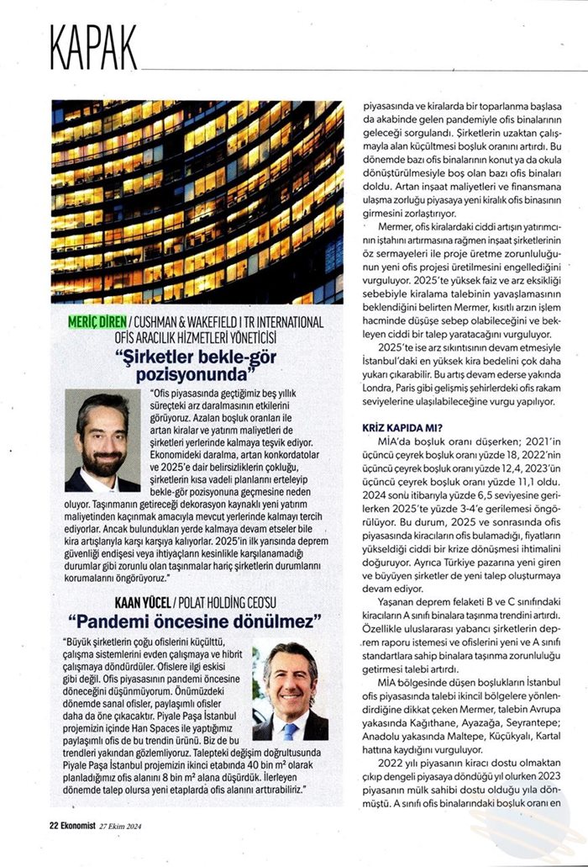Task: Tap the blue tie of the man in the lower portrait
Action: (289, 731)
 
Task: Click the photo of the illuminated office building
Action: (197, 202)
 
